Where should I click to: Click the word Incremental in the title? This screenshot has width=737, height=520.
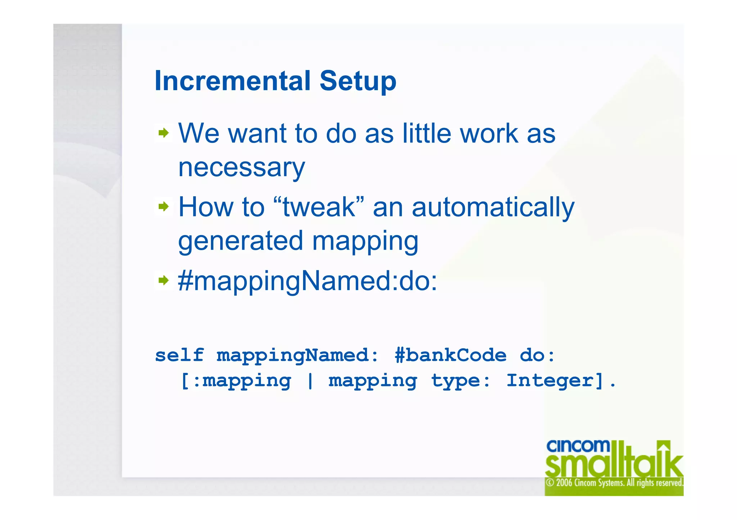pyautogui.click(x=232, y=81)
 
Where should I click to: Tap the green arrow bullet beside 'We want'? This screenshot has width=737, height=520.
pyautogui.click(x=164, y=133)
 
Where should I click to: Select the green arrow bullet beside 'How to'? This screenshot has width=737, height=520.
pyautogui.click(x=164, y=207)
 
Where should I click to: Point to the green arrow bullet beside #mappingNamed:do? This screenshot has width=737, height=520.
pyautogui.click(x=164, y=280)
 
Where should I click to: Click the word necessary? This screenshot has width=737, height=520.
pyautogui.click(x=241, y=168)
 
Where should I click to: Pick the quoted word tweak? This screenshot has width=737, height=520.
pyautogui.click(x=319, y=207)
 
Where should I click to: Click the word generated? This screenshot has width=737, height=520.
pyautogui.click(x=241, y=241)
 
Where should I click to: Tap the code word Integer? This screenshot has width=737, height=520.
pyautogui.click(x=554, y=381)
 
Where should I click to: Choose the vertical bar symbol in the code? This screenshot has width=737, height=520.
pyautogui.click(x=310, y=381)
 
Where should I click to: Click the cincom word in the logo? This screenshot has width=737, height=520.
pyautogui.click(x=578, y=446)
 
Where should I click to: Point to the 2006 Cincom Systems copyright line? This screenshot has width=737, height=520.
pyautogui.click(x=614, y=483)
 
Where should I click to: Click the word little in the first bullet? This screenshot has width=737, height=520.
pyautogui.click(x=426, y=133)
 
